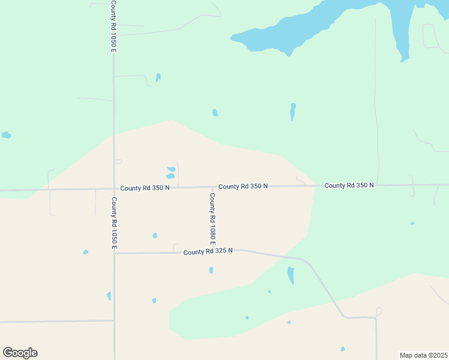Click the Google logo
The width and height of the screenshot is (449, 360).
click(20, 353)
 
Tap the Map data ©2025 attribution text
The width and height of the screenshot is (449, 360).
click(423, 355)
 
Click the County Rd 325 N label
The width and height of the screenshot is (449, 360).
click(208, 252)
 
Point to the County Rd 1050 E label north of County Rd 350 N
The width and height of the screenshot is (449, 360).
click(113, 26)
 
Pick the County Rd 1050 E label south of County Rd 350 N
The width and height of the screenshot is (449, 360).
click(113, 223)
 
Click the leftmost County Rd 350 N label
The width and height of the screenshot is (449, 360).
click(145, 188)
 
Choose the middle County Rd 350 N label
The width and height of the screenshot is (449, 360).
click(243, 187)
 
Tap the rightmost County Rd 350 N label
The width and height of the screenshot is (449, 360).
click(349, 185)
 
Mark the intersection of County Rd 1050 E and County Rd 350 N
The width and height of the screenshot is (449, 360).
click(114, 189)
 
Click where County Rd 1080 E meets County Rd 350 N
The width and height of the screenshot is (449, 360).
click(212, 187)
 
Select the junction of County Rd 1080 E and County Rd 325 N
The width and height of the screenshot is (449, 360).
click(212, 252)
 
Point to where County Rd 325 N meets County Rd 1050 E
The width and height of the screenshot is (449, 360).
click(114, 253)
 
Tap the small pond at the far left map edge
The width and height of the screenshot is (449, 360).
click(6, 135)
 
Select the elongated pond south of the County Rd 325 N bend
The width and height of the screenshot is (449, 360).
click(291, 275)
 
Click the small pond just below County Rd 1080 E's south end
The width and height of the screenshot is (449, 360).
click(211, 270)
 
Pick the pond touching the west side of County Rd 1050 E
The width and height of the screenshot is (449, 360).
click(109, 296)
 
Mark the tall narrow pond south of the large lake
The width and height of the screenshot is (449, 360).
click(293, 111)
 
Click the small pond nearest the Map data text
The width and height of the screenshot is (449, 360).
click(343, 349)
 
